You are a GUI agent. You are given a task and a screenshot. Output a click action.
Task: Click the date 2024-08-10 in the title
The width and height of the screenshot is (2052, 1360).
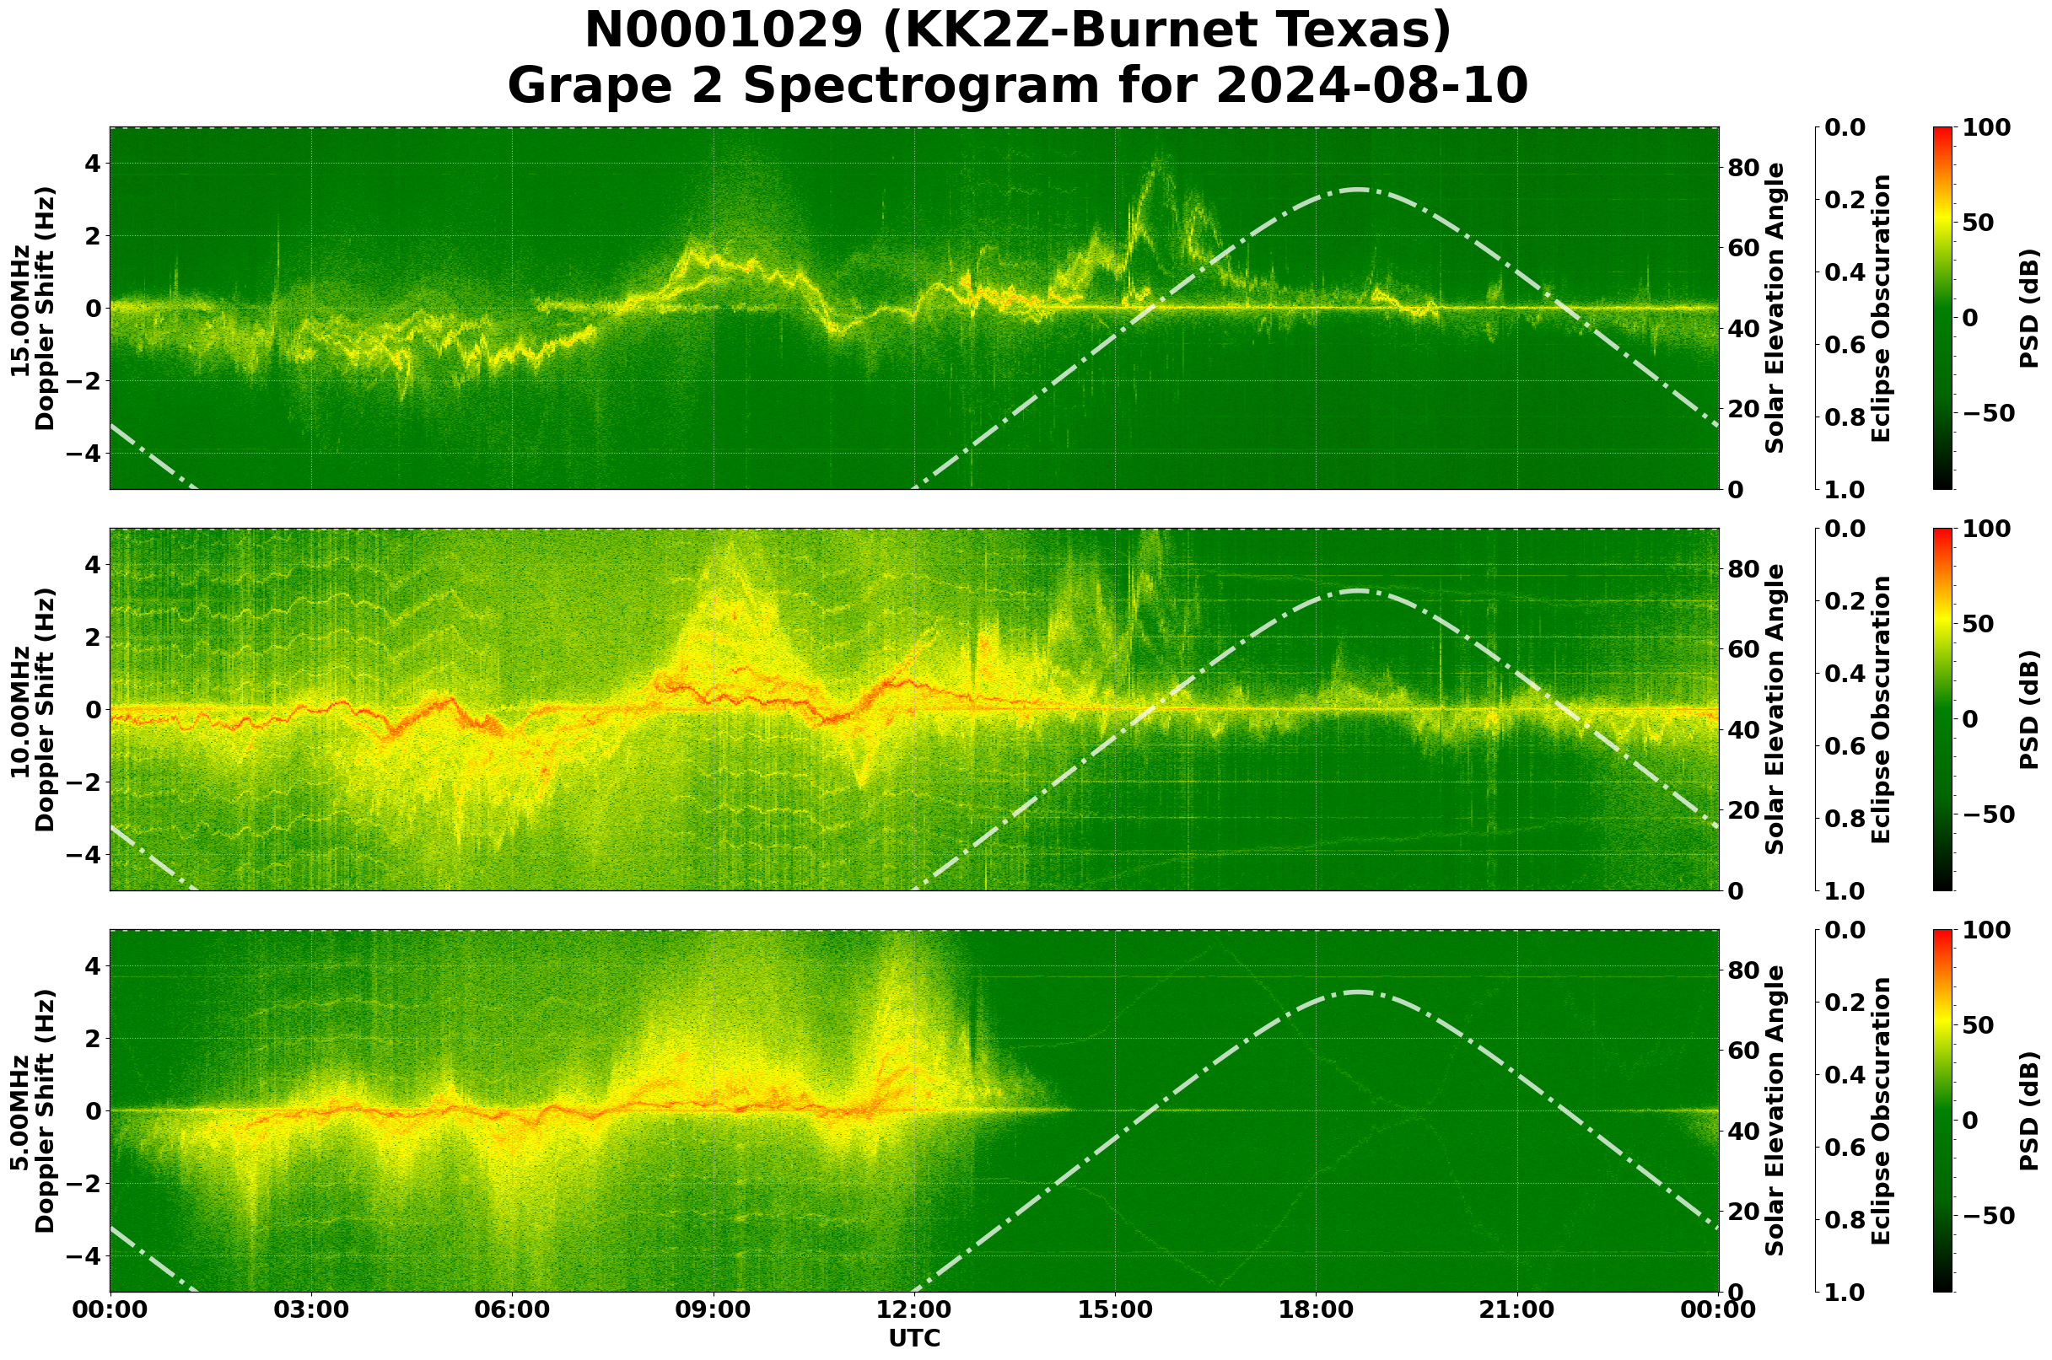(x=1371, y=86)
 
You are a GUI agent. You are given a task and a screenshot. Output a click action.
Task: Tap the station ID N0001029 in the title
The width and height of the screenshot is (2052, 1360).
(x=723, y=31)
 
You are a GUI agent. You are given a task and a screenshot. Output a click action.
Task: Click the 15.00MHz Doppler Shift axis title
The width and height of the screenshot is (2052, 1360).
(x=32, y=309)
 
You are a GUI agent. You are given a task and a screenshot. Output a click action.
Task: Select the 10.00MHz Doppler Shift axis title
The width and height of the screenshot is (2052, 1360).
(x=32, y=709)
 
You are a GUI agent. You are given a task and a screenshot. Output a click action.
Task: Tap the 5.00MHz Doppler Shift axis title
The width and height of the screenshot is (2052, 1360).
(x=32, y=1111)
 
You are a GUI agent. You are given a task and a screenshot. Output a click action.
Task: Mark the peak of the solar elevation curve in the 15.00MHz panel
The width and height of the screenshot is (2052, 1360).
(x=1357, y=189)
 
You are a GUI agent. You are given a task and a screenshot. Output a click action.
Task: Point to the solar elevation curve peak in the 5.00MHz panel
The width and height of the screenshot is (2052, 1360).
(x=1357, y=992)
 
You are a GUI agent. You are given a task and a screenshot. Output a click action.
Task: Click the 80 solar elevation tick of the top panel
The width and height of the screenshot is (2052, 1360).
(x=1742, y=168)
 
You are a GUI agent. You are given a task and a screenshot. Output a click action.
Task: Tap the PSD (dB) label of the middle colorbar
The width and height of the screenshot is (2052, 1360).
(x=2029, y=709)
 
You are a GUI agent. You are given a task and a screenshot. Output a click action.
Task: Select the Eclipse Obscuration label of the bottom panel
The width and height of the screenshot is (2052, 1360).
(x=1880, y=1111)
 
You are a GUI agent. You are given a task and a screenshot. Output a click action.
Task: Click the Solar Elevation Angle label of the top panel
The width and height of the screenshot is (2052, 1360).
(x=1775, y=308)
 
